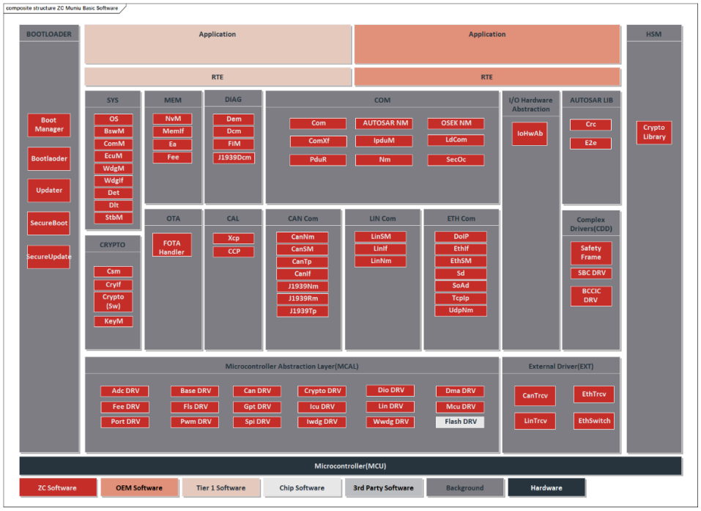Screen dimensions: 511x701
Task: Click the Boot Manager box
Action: coord(49,125)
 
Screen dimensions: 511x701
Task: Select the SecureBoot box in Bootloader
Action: coord(49,223)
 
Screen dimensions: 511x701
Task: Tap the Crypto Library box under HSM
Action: coord(653,132)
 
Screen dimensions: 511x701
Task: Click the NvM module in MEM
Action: coord(172,119)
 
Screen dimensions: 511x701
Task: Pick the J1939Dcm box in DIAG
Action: coord(234,158)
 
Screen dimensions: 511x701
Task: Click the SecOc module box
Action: coord(455,160)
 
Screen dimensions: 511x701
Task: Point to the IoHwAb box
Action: coord(529,133)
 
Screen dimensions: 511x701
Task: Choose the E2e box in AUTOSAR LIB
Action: coord(590,143)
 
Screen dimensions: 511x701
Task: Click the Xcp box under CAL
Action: coord(234,238)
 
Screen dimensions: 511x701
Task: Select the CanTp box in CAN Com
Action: coord(302,262)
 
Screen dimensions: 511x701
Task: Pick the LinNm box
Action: coord(380,261)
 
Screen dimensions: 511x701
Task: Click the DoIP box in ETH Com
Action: coord(460,237)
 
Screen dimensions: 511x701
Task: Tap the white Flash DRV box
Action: coord(460,422)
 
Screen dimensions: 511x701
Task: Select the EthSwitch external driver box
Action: coord(593,421)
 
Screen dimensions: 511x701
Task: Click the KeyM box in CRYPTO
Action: coord(113,321)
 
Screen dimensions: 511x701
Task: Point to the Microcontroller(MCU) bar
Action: coord(350,466)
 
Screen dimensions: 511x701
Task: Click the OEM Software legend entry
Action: coord(139,488)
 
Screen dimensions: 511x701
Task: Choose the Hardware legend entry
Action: coord(546,488)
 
